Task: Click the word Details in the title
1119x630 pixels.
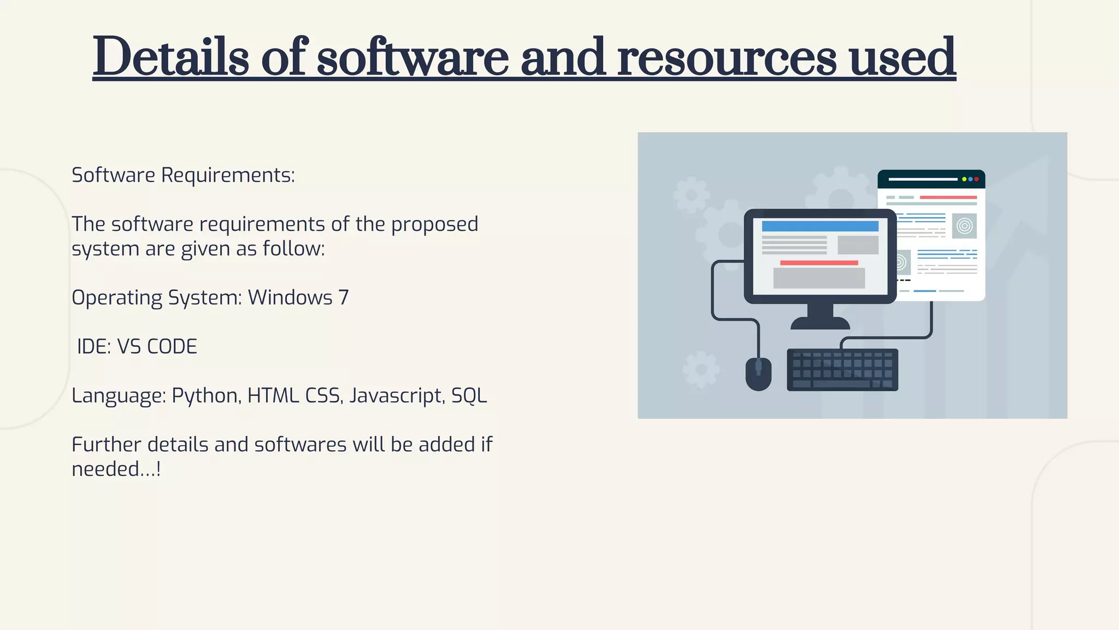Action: pyautogui.click(x=170, y=57)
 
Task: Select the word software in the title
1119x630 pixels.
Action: pyautogui.click(x=413, y=57)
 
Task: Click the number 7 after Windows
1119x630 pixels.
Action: pyautogui.click(x=343, y=298)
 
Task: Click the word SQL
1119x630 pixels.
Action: pyautogui.click(x=469, y=396)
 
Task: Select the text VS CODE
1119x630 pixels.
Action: pyautogui.click(x=157, y=347)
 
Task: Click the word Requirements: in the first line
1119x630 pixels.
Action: pyautogui.click(x=228, y=176)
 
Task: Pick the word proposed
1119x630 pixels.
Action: pyautogui.click(x=434, y=225)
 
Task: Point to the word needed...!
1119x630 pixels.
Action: pyautogui.click(x=116, y=469)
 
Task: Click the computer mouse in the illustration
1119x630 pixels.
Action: pyautogui.click(x=758, y=374)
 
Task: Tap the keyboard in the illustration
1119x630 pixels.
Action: pyautogui.click(x=842, y=370)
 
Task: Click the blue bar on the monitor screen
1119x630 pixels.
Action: pyautogui.click(x=820, y=226)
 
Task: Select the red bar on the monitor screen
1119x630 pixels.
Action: pyautogui.click(x=818, y=263)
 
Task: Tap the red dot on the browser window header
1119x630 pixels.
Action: pyautogui.click(x=976, y=179)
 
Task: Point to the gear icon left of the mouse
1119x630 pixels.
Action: pyautogui.click(x=701, y=369)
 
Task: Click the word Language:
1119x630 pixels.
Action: pyautogui.click(x=119, y=396)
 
